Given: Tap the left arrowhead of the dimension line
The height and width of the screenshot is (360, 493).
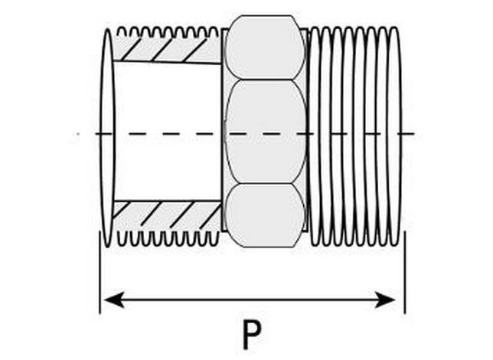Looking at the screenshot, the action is (x=114, y=299).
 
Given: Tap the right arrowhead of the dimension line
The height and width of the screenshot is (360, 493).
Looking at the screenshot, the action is (x=385, y=299).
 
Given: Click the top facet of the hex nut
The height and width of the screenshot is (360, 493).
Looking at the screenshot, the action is (x=265, y=47).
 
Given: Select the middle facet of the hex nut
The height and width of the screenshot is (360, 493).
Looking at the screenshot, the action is (x=266, y=132).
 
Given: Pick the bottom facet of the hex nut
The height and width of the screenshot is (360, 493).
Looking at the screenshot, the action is (x=265, y=215).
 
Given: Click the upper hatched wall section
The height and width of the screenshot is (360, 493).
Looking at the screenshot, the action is (x=167, y=50).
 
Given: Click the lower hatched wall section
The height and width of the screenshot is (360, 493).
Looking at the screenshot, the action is (x=167, y=214).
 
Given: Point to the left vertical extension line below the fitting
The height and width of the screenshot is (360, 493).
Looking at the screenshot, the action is (x=100, y=273).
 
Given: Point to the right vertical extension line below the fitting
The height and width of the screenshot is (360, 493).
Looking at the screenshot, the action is (x=405, y=273).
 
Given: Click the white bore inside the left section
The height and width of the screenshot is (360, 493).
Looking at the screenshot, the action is (x=168, y=132).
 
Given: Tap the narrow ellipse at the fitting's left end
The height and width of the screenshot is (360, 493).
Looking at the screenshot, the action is (x=107, y=138).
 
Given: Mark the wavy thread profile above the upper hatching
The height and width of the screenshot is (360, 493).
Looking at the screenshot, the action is (x=168, y=31).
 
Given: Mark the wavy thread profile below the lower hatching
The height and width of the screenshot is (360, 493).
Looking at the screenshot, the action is (x=168, y=238).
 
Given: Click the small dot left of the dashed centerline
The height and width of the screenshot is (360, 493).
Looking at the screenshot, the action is (x=78, y=134).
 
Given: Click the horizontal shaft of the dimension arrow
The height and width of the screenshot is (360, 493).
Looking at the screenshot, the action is (x=250, y=299).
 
